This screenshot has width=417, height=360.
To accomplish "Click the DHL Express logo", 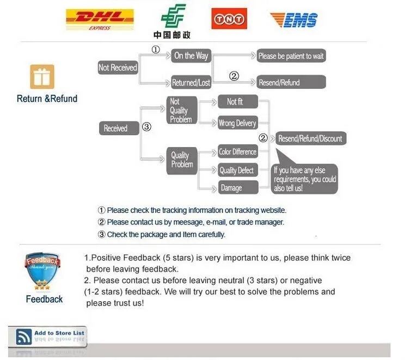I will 99,20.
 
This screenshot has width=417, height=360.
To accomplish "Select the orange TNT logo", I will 229,19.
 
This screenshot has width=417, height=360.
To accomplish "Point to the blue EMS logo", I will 293,20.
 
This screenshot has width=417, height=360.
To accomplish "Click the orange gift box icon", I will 42,77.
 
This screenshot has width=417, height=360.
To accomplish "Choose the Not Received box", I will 118,68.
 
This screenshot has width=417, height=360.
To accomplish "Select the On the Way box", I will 191,56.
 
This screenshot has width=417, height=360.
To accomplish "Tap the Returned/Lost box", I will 191,83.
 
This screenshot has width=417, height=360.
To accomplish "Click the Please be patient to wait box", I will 291,56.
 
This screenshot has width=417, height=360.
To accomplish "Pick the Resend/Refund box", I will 291,82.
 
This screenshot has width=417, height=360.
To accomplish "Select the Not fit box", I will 236,102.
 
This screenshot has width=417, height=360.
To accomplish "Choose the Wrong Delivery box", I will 237,123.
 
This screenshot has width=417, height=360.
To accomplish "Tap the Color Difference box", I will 237,152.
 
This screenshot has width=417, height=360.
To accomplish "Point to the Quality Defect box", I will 236,170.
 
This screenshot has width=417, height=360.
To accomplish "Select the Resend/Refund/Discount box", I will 310,138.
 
